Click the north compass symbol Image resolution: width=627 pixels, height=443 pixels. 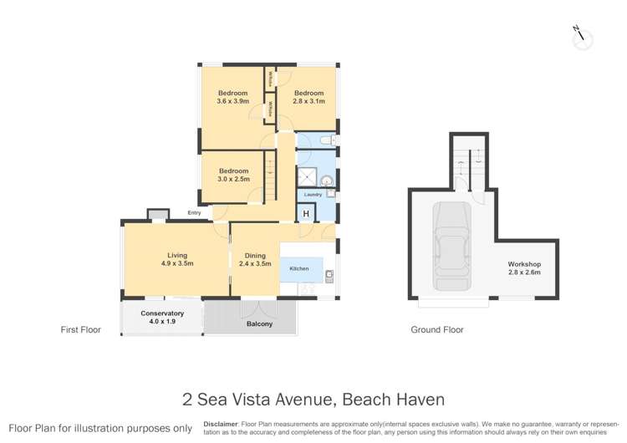click(581, 36)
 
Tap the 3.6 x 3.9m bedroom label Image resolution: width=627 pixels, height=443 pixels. click(233, 97)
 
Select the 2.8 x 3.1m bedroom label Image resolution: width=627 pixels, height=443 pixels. click(308, 97)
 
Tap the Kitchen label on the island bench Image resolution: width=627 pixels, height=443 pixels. click(299, 269)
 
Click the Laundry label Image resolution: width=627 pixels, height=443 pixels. click(313, 195)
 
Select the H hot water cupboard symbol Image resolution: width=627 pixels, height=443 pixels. click(306, 214)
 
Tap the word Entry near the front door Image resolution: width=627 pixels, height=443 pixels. click(195, 213)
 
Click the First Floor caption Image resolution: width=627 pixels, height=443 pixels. click(81, 330)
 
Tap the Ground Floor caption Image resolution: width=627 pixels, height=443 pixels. click(436, 330)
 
